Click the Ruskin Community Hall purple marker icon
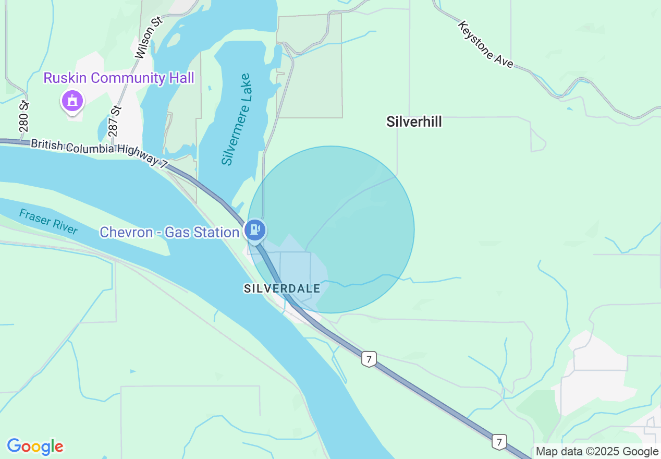(72, 100)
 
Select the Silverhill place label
(414, 122)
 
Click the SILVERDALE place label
(282, 288)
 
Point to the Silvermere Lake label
(236, 119)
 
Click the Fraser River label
(48, 222)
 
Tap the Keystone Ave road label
(486, 44)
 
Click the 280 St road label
(23, 115)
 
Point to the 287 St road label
(115, 117)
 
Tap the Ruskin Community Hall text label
(119, 78)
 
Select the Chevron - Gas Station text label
(169, 232)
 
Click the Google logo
(35, 446)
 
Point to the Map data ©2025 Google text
(597, 452)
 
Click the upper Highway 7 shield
(369, 359)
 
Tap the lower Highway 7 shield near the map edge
(499, 442)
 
